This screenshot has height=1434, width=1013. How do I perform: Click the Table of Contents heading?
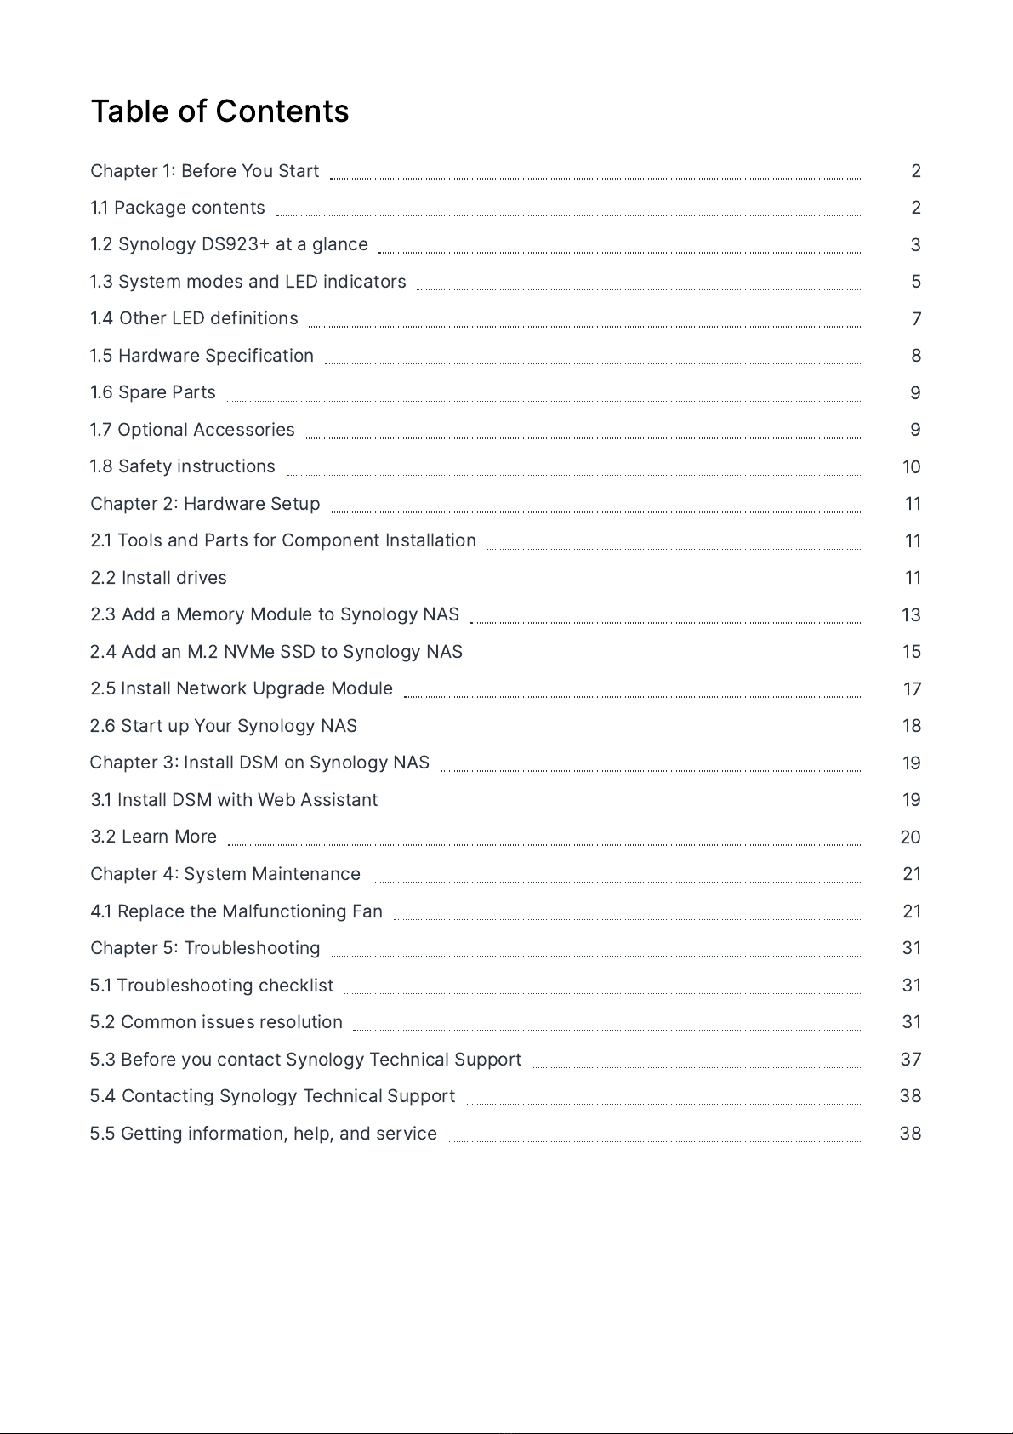point(219,111)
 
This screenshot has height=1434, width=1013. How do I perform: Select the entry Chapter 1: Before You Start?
point(204,171)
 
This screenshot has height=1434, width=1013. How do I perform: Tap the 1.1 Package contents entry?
point(178,208)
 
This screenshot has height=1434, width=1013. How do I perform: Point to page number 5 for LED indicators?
point(915,282)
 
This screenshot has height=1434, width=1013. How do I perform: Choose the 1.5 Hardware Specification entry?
point(202,356)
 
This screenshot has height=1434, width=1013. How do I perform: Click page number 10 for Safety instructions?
point(911,467)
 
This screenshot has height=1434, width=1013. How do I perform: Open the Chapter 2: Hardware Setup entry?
point(205,504)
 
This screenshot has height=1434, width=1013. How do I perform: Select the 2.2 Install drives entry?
point(158,578)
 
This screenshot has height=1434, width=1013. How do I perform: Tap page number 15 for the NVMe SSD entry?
point(911,652)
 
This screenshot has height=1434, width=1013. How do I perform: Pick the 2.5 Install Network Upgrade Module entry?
point(242,688)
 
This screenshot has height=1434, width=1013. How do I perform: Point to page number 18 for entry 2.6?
point(911,726)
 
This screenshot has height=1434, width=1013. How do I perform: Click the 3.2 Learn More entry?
point(153,837)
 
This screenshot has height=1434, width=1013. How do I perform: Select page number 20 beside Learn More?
point(910,837)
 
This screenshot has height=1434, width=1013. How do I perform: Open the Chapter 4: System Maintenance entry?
point(225,874)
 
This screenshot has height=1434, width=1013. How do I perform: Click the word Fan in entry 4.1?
point(367,911)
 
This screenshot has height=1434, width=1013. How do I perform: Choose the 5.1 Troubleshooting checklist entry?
point(212,986)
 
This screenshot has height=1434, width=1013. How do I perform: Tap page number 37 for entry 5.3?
point(910,1060)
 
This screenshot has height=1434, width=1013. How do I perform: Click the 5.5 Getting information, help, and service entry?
point(264,1134)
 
